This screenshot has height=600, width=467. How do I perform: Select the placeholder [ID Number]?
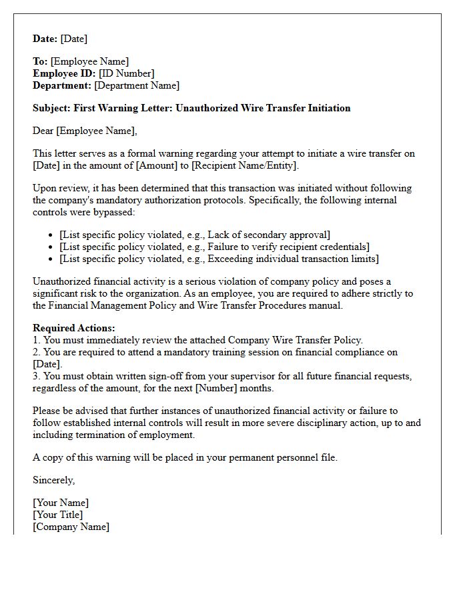[126, 73]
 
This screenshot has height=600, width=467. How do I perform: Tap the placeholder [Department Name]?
[137, 85]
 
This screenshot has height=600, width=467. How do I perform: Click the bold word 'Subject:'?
[52, 108]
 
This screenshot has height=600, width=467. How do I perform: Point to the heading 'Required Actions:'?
[74, 328]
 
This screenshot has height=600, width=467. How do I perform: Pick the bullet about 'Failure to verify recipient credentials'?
[214, 247]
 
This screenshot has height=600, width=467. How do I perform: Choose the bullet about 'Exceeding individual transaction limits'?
[219, 259]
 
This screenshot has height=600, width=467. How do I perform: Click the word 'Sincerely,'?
[54, 480]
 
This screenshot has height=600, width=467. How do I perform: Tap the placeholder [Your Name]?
[61, 503]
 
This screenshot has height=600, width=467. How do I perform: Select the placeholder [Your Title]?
[58, 515]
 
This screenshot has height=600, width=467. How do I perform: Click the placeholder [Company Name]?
[71, 527]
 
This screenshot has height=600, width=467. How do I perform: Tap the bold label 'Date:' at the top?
[45, 39]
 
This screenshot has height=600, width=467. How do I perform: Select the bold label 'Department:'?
[62, 85]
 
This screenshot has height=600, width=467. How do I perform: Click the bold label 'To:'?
[41, 61]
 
